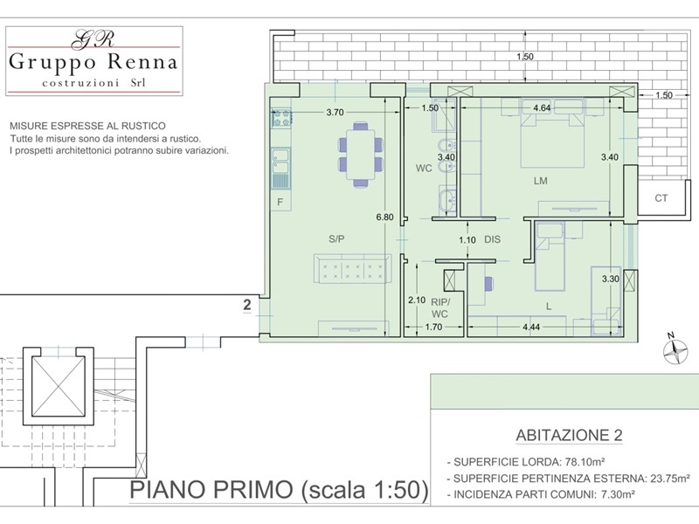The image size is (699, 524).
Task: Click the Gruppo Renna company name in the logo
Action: click(x=93, y=61)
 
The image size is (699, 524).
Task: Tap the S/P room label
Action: click(x=336, y=238)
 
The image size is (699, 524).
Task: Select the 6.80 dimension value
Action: click(x=384, y=217)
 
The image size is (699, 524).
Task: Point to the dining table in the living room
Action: click(x=361, y=155)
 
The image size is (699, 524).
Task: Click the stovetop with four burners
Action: click(x=281, y=117)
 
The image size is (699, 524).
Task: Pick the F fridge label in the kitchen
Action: click(x=280, y=203)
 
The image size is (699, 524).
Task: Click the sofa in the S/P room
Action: click(x=353, y=269)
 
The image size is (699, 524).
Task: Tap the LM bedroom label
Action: click(x=540, y=181)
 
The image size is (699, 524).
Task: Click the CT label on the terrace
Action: click(x=661, y=198)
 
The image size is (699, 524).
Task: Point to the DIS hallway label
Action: click(x=493, y=239)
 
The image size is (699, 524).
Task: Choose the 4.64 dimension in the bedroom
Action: click(x=542, y=107)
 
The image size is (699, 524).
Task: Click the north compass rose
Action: click(x=675, y=350)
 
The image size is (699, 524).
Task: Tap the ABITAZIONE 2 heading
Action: click(x=569, y=435)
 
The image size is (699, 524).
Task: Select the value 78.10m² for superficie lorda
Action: click(x=585, y=462)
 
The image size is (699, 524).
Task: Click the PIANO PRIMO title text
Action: click(x=211, y=490)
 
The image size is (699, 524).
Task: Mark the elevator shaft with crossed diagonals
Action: click(x=59, y=385)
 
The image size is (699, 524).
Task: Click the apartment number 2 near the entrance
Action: click(x=247, y=305)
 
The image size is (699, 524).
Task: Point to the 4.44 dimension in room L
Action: click(x=531, y=327)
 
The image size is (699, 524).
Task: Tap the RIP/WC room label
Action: click(x=439, y=308)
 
